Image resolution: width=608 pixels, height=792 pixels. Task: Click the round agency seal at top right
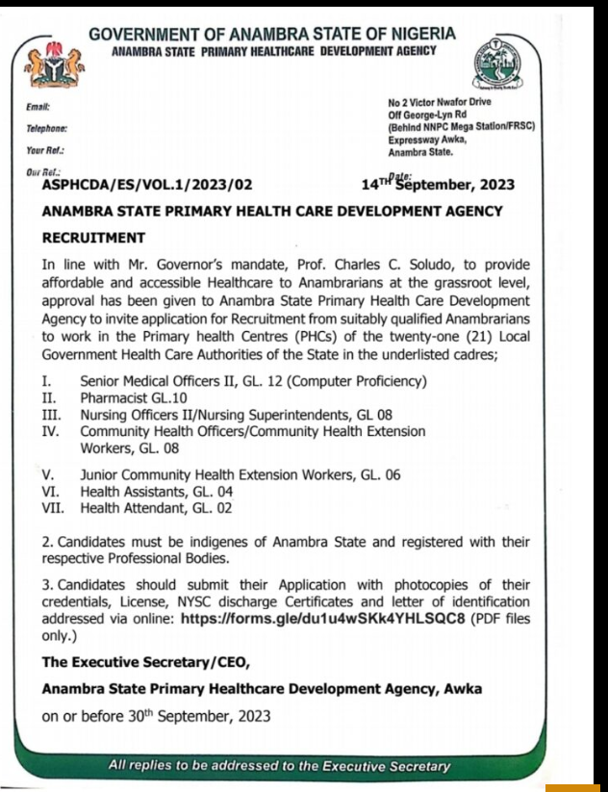[496, 66]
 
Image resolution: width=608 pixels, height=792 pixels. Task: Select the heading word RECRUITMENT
[93, 238]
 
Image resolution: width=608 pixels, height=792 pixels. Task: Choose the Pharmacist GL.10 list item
[134, 396]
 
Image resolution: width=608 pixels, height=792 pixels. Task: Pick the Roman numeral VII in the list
[55, 507]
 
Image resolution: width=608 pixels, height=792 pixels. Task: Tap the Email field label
[38, 108]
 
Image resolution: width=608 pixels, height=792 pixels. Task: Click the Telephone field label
[46, 129]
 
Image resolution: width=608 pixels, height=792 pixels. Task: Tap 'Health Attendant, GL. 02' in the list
[156, 507]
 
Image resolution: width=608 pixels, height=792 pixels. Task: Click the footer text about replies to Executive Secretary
[279, 766]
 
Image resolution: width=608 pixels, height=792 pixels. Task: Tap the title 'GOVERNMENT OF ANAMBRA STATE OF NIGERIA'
[272, 35]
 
